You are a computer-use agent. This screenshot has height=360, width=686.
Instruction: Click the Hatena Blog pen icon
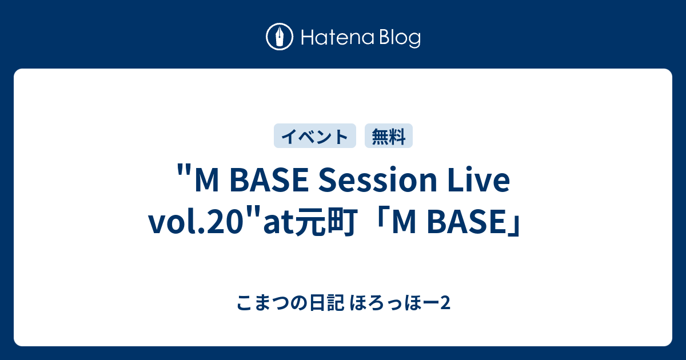[x=280, y=38]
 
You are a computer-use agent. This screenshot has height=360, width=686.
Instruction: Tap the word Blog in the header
[x=398, y=38]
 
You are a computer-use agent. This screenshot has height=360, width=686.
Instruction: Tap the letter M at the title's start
[x=206, y=182]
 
